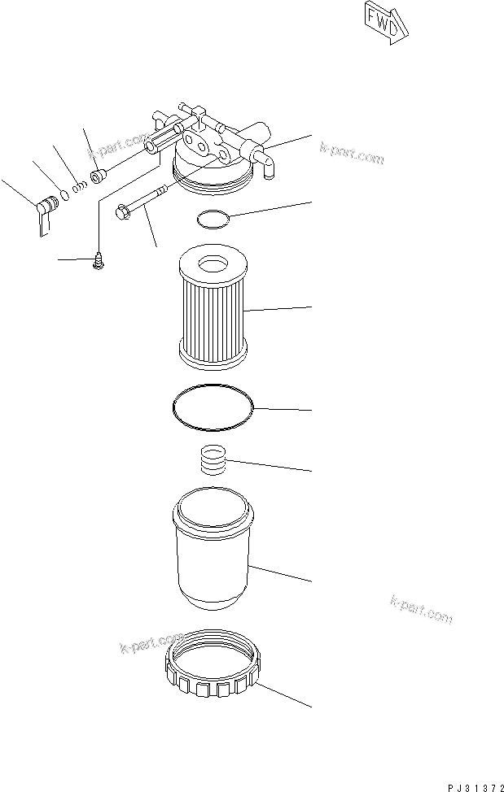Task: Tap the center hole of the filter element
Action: tap(212, 263)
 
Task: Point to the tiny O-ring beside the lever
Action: tap(65, 195)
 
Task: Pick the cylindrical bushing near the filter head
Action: tap(99, 175)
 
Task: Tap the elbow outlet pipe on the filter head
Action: tap(265, 163)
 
